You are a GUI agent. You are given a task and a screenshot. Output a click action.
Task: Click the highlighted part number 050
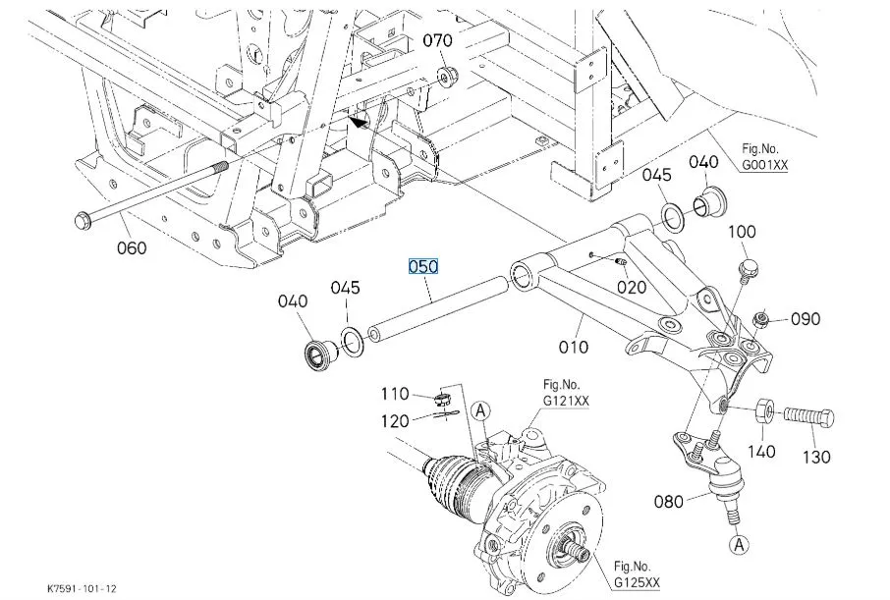(x=423, y=266)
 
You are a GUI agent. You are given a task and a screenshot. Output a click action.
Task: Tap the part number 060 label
(x=132, y=248)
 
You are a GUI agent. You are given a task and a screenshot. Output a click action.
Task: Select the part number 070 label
(x=437, y=40)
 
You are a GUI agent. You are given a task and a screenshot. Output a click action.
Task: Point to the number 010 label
(x=574, y=347)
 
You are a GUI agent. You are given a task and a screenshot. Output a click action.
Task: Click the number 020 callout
(x=632, y=287)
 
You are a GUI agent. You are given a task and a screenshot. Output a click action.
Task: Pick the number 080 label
(x=669, y=502)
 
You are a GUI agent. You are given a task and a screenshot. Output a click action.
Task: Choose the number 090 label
(x=806, y=319)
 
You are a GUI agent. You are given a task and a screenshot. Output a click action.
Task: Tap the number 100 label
(x=742, y=232)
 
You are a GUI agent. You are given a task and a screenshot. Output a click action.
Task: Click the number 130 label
(x=816, y=457)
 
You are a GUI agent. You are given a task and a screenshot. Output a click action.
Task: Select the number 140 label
(x=761, y=452)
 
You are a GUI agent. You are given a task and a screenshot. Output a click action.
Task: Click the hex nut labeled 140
(x=764, y=411)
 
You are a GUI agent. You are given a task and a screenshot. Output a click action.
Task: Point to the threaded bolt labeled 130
(x=808, y=418)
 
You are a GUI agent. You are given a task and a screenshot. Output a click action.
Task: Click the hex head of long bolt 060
(x=83, y=220)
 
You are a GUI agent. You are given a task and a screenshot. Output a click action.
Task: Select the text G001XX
(x=765, y=166)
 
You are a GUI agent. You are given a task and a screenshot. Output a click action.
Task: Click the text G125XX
(x=637, y=582)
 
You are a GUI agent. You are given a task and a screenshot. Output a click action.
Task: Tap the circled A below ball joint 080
(x=739, y=545)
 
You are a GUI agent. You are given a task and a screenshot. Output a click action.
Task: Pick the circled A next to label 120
(x=480, y=410)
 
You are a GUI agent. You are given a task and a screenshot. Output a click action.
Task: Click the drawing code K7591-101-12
(x=82, y=588)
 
